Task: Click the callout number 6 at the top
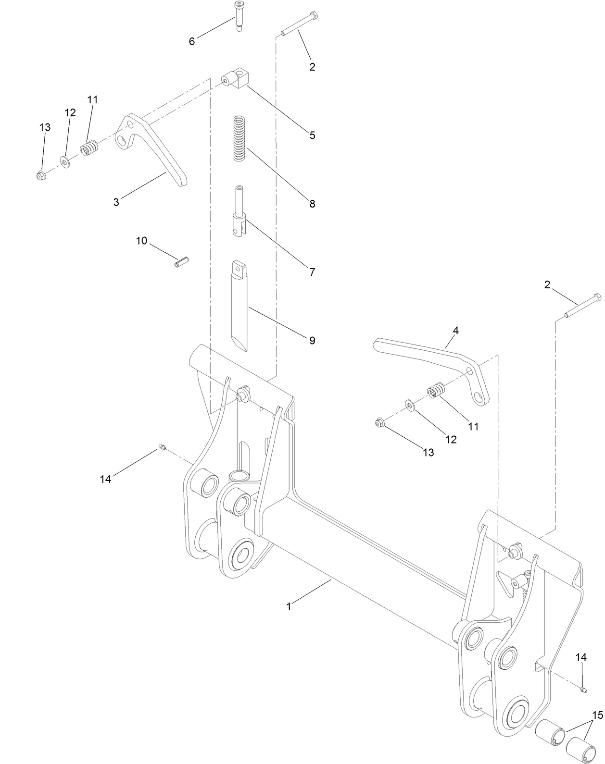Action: point(192,42)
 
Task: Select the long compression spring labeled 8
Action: point(239,138)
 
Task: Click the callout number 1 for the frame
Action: point(289,607)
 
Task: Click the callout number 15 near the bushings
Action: point(597,715)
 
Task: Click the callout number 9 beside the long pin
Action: point(312,341)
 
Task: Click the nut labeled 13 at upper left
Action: point(41,176)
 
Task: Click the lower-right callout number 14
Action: point(581,657)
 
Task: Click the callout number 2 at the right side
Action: point(547,285)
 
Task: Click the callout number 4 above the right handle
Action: point(455,331)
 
